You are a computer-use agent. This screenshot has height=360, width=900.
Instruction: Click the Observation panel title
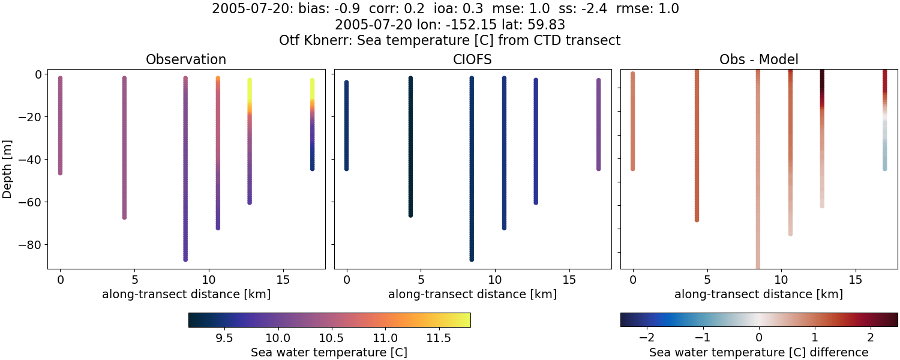(x=186, y=59)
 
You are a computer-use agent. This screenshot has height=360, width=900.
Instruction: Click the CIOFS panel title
(x=472, y=59)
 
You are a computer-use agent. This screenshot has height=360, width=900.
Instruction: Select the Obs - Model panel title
(x=758, y=59)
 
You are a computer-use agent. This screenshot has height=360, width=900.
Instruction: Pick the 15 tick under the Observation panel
(x=282, y=280)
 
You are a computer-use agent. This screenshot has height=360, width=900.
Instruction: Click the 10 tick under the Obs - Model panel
(x=781, y=280)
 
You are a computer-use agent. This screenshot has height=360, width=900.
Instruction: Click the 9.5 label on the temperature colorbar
(x=224, y=338)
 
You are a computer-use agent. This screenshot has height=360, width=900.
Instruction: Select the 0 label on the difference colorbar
(x=759, y=338)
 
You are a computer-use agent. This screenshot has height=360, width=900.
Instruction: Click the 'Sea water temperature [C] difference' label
(x=758, y=352)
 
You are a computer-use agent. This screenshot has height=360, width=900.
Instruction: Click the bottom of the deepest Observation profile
(x=185, y=259)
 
